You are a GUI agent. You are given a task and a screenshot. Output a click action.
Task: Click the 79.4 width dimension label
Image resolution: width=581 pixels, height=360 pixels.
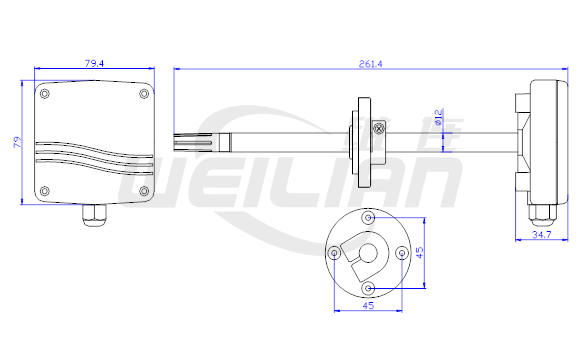coord(94,63)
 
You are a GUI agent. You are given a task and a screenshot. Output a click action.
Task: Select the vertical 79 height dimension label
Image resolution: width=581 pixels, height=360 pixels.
coord(17,142)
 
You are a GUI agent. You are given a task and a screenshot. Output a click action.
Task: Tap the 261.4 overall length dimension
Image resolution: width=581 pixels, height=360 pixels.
coord(370,64)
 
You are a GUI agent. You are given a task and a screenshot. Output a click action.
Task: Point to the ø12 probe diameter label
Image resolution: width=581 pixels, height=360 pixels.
coord(438,117)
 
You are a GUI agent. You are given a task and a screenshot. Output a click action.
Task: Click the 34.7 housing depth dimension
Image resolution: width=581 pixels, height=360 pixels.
coord(541,234)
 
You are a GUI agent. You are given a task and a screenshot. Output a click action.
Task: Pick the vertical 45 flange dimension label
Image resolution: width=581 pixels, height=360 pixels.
coord(419,253)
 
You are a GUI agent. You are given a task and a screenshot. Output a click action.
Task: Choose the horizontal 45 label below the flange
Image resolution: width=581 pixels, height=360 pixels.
coord(368,306)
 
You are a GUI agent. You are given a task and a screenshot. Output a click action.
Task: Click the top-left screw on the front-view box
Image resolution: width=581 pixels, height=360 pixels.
coord(45,94)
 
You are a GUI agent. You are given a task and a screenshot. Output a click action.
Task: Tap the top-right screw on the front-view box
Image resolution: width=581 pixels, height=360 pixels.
coord(144,94)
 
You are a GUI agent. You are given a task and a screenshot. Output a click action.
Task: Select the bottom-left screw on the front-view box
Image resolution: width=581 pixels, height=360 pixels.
coord(45,191)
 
